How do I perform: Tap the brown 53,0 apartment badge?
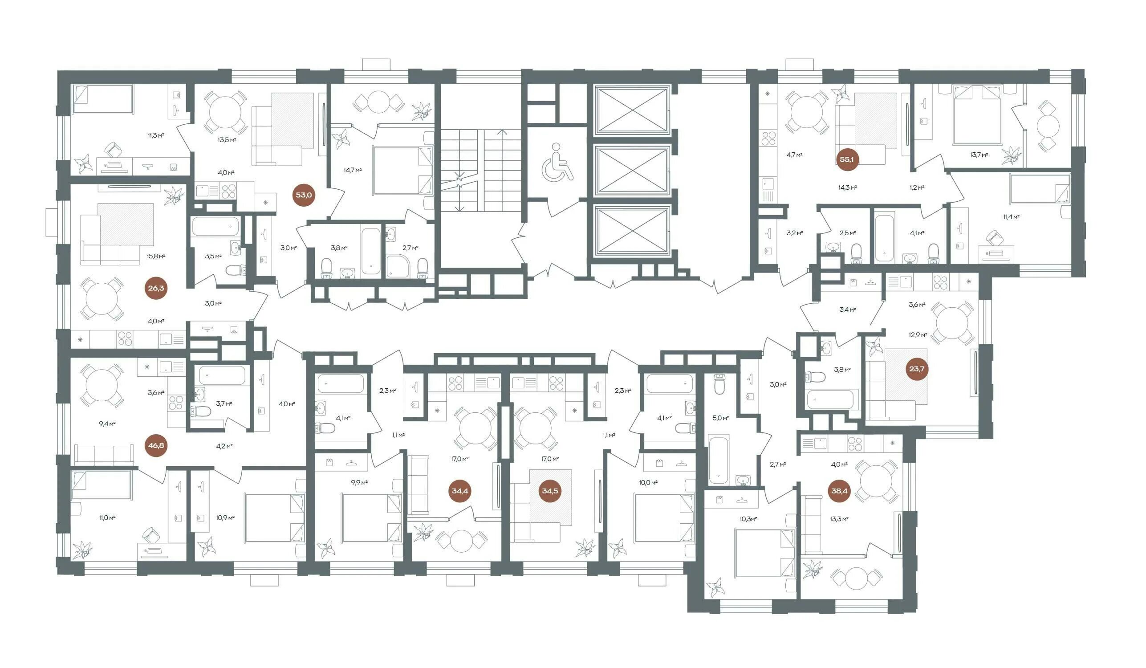304,196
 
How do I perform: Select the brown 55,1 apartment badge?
846,159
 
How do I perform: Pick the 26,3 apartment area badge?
156,288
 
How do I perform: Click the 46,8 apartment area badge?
156,446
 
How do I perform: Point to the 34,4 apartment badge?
460,491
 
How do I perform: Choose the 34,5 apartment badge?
550,491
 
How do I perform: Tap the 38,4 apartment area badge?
839,491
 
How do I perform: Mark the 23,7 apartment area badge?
916,369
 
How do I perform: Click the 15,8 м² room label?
156,256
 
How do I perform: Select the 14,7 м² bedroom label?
353,171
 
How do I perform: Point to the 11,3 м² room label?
155,135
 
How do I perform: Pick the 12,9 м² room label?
918,335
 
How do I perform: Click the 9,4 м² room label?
107,424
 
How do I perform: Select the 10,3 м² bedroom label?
748,519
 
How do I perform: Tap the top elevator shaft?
632,111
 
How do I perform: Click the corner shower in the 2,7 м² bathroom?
398,266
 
